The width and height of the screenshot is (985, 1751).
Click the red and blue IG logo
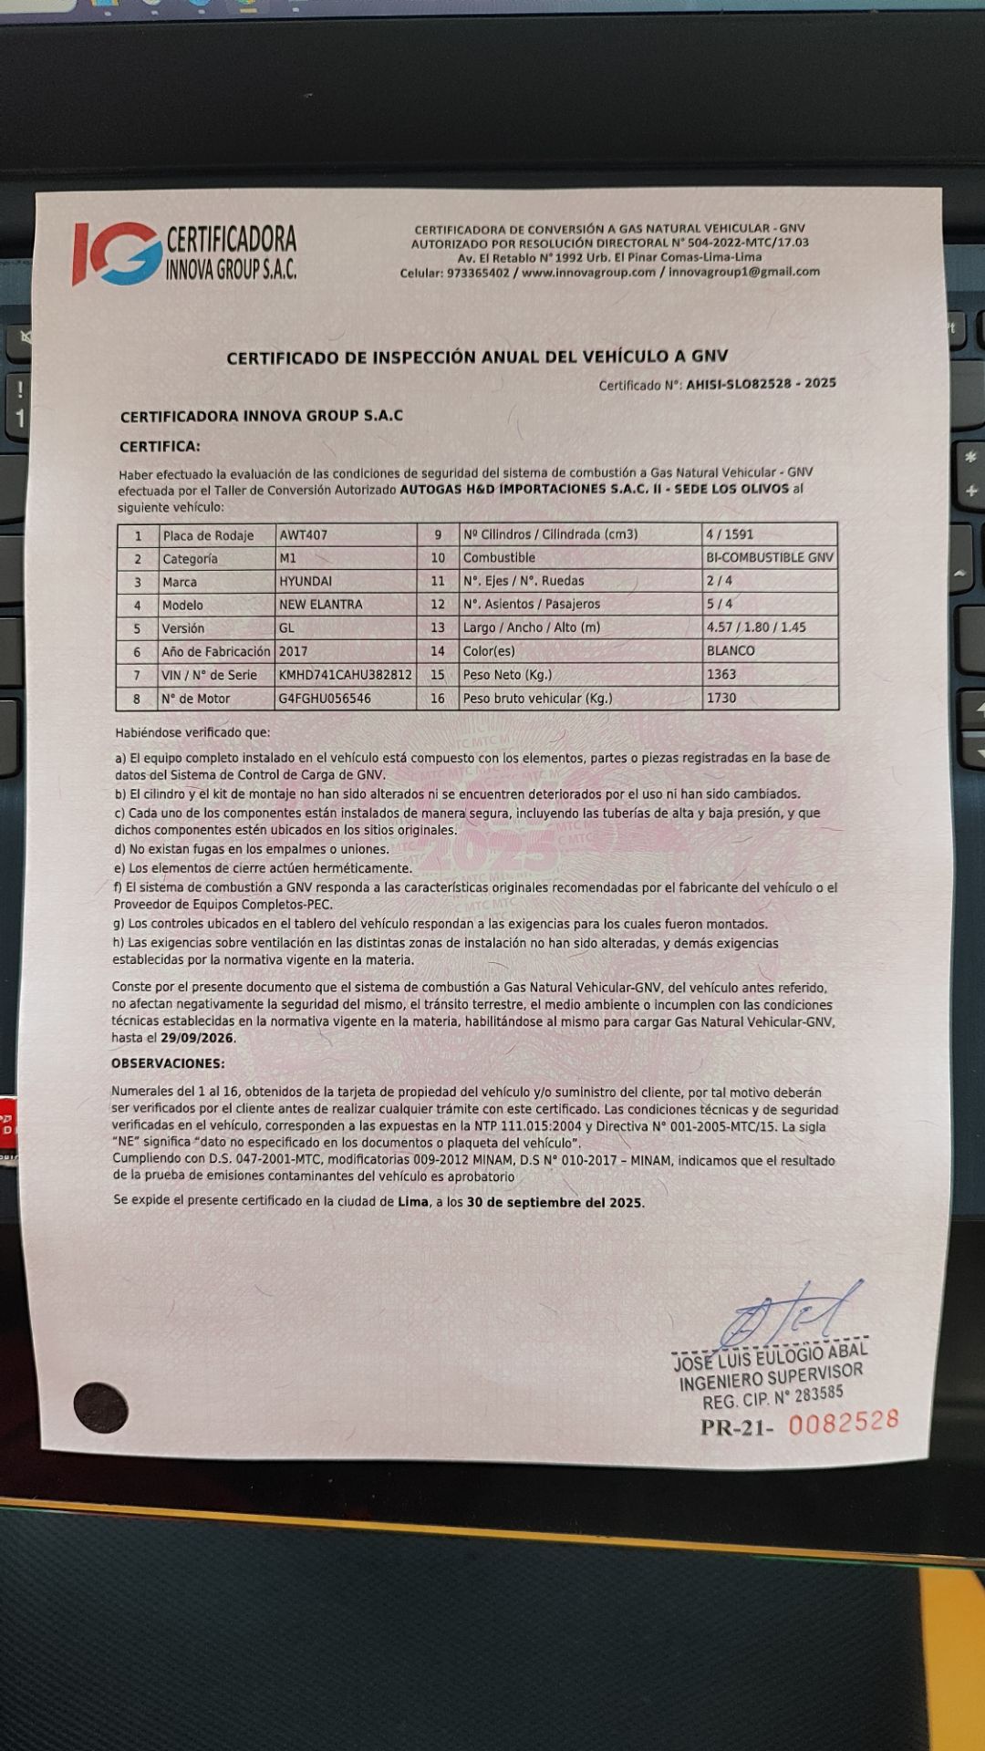(117, 253)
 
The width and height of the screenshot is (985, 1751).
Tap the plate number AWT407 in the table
(304, 534)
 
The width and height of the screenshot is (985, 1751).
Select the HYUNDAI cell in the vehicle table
(306, 581)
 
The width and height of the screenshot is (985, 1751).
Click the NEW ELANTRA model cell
(321, 605)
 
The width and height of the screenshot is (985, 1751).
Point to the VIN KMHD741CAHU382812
(346, 675)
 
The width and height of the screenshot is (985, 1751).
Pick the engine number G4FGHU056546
(325, 699)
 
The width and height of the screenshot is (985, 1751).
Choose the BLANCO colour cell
(731, 650)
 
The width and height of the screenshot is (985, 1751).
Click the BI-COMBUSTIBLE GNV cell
(770, 557)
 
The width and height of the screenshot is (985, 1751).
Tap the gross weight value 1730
(721, 698)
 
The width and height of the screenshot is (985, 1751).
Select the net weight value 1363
(721, 674)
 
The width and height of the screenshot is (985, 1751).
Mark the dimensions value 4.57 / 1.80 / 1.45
(756, 627)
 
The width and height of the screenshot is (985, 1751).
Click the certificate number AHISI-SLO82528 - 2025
(761, 384)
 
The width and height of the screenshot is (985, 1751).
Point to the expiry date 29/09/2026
(198, 1038)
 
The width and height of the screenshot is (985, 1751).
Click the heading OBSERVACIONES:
(168, 1063)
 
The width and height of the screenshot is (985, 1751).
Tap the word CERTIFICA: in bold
(160, 447)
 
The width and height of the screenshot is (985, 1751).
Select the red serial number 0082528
(844, 1422)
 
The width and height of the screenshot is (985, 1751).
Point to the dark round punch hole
(100, 1407)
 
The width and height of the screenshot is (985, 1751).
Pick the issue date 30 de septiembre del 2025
(555, 1202)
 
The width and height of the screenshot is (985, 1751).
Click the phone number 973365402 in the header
(478, 273)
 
